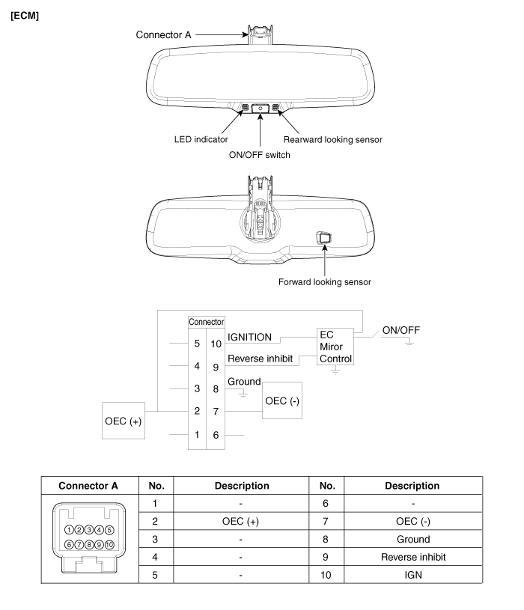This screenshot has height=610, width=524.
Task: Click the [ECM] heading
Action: pos(25,14)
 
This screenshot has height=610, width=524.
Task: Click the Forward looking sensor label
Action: pos(326,282)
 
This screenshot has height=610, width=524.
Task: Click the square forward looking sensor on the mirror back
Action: pos(325,238)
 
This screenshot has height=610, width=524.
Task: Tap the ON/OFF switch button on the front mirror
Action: pos(260,109)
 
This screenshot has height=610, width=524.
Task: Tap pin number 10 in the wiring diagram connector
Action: pos(215,344)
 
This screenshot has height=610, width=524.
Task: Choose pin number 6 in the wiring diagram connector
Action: pos(215,434)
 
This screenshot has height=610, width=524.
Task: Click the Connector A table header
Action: pos(89,486)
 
